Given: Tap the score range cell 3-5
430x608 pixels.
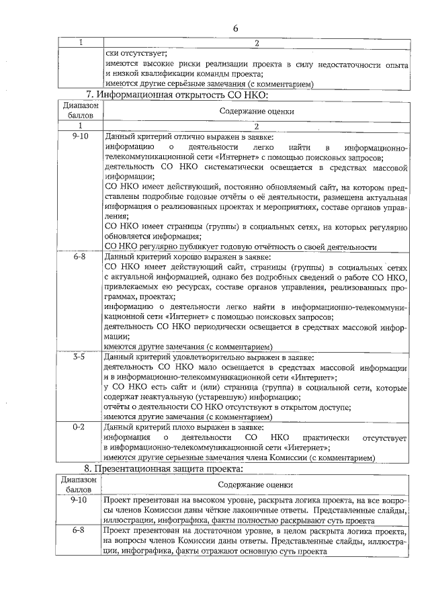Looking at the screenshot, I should (79, 357).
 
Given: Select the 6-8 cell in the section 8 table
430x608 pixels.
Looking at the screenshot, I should (79, 530).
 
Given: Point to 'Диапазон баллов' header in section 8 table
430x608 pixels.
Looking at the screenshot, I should (79, 484).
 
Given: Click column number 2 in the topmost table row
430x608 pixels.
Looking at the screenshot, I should (256, 43).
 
